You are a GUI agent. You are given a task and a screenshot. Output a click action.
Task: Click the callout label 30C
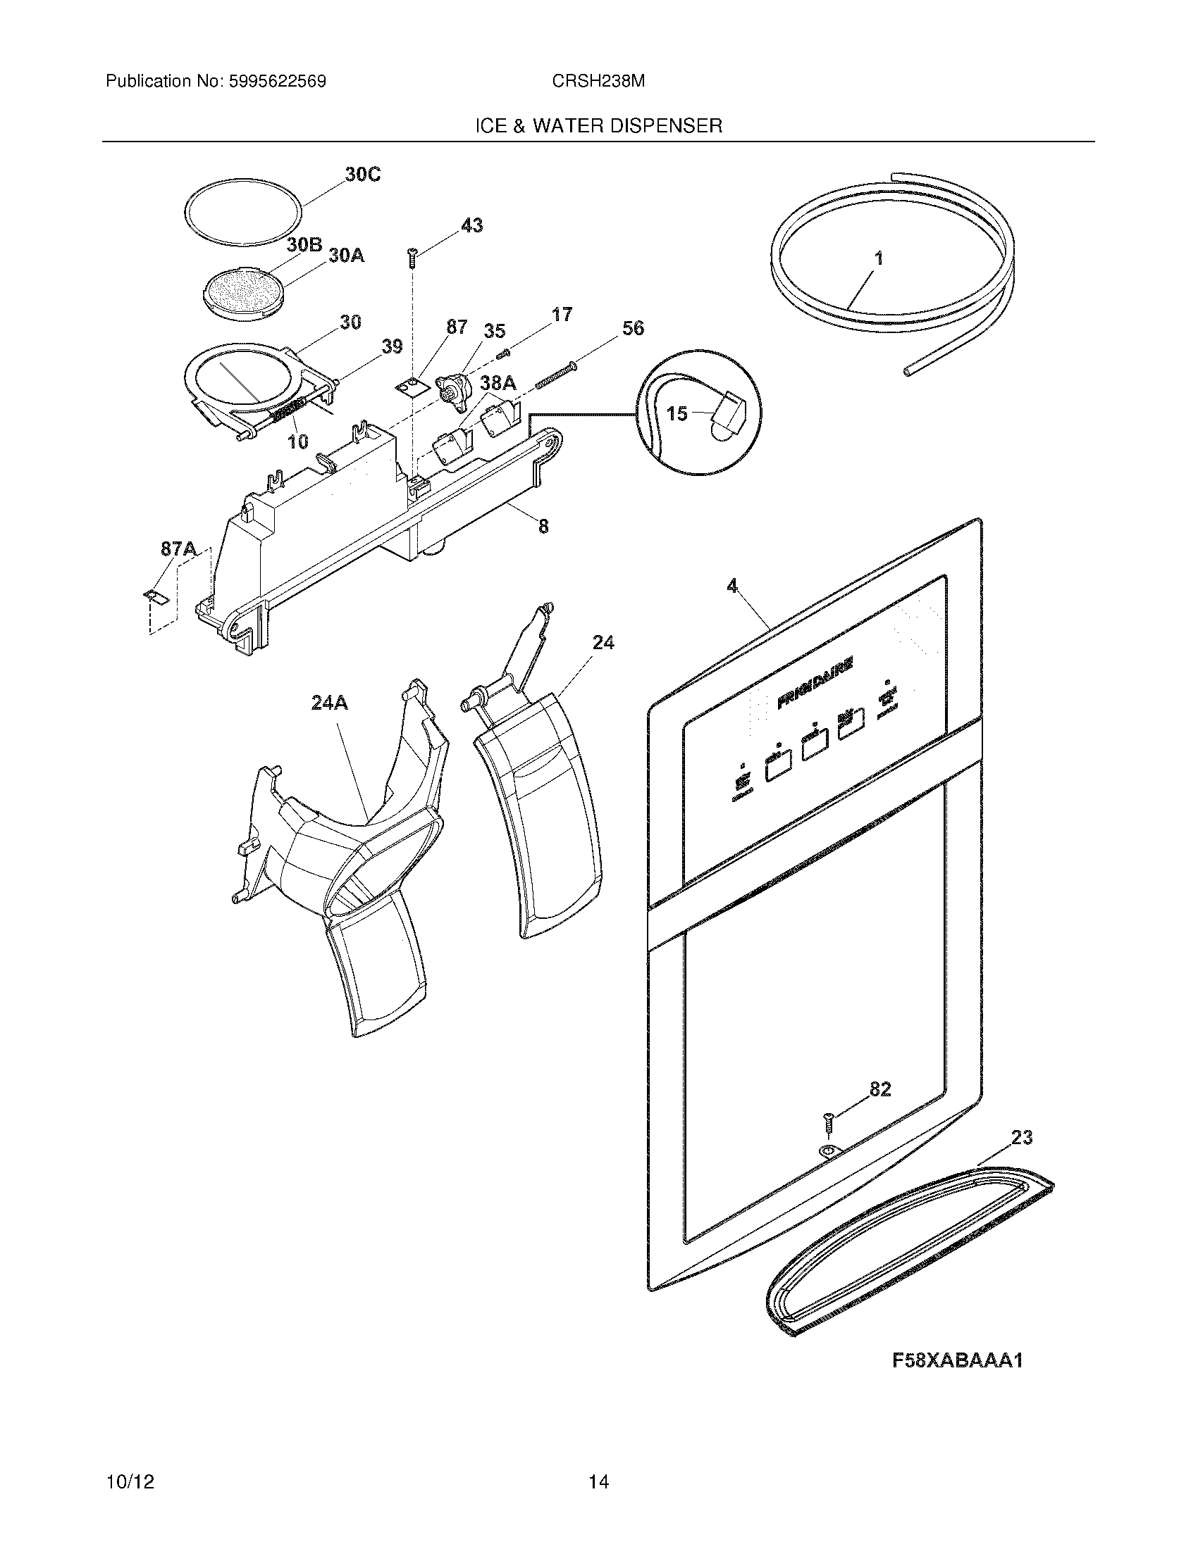pyautogui.click(x=363, y=174)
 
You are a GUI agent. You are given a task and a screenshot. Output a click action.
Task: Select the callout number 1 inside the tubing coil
pyautogui.click(x=879, y=259)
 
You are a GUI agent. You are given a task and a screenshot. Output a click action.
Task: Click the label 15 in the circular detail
pyautogui.click(x=677, y=413)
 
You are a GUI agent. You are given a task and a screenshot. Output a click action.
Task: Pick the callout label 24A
pyautogui.click(x=329, y=703)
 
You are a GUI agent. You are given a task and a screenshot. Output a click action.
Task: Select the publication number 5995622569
pyautogui.click(x=276, y=82)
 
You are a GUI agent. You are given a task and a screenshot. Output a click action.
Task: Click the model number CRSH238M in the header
pyautogui.click(x=598, y=82)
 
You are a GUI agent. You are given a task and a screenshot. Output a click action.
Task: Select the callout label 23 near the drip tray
pyautogui.click(x=1021, y=1138)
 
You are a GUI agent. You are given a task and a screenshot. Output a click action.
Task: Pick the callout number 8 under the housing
pyautogui.click(x=543, y=526)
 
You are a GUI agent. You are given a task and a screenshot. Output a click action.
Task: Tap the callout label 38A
pyautogui.click(x=498, y=384)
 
